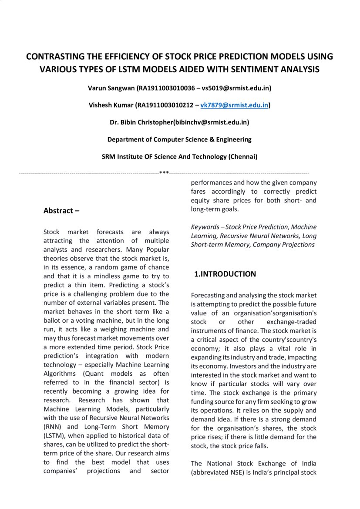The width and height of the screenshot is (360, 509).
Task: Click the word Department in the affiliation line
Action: coord(126,139)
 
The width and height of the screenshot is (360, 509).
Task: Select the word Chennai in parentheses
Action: coord(243,156)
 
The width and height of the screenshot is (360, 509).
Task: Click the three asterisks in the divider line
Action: coord(164,173)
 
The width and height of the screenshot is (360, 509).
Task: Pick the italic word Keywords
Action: coord(204,227)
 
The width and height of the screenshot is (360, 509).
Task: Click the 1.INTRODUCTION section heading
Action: coord(225,274)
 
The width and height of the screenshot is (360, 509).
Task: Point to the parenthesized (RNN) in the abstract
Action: coord(54,427)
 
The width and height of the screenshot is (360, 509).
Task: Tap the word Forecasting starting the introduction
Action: coord(208,295)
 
